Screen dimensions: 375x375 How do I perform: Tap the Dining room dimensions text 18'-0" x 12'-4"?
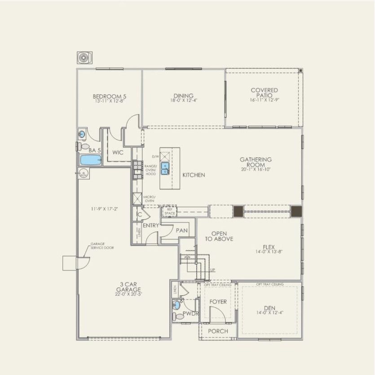point(184,101)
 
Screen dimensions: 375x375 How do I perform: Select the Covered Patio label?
point(264,93)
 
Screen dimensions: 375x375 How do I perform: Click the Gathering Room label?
point(256,162)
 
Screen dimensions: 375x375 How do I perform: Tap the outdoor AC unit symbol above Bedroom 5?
point(84,58)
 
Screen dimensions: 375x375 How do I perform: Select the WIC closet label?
point(118,153)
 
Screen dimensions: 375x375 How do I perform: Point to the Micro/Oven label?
point(149,199)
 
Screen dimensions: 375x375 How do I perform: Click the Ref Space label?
point(169,211)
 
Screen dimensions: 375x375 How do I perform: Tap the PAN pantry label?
point(182,230)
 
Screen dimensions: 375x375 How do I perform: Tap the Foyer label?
point(218,302)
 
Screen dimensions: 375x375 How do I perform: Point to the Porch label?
point(218,331)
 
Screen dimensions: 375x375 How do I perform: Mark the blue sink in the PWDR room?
point(176,305)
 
